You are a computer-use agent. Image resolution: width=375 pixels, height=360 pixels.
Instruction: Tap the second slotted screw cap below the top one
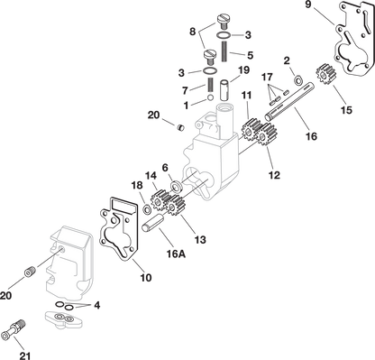[211, 53]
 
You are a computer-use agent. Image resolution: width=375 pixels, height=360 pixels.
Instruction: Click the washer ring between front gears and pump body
[173, 186]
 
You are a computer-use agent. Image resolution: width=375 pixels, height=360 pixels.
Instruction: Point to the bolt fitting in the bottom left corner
[15, 330]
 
